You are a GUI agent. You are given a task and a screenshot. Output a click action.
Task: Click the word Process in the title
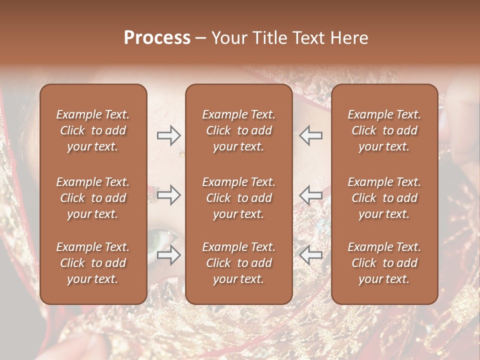(157, 38)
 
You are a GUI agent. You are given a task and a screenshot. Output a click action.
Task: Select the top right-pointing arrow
(169, 135)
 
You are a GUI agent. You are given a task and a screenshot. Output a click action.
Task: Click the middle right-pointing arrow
(169, 195)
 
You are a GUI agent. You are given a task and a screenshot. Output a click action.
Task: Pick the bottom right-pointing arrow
(169, 255)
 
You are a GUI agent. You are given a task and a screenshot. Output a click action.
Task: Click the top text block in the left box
(93, 130)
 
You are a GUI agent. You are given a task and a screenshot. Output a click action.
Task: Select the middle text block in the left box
(93, 198)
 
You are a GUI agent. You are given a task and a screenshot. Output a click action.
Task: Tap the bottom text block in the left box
(93, 263)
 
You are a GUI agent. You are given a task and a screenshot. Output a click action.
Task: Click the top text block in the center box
(238, 130)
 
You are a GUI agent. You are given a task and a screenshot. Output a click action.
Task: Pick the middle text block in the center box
(238, 198)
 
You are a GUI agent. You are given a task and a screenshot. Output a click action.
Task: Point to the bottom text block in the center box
(238, 263)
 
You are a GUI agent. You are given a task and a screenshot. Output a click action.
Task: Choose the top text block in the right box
(384, 130)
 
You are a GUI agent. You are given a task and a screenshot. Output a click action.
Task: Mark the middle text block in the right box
(384, 198)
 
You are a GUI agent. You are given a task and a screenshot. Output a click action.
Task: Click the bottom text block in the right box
(384, 263)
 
